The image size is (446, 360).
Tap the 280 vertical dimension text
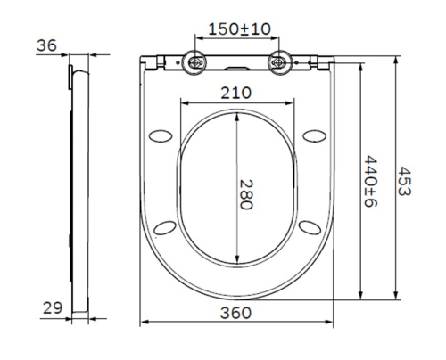[246, 191]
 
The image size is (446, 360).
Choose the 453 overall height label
[405, 184]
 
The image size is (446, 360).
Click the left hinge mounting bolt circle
[194, 62]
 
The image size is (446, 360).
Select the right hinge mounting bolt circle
[280, 62]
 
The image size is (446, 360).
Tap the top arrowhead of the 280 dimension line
[237, 116]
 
